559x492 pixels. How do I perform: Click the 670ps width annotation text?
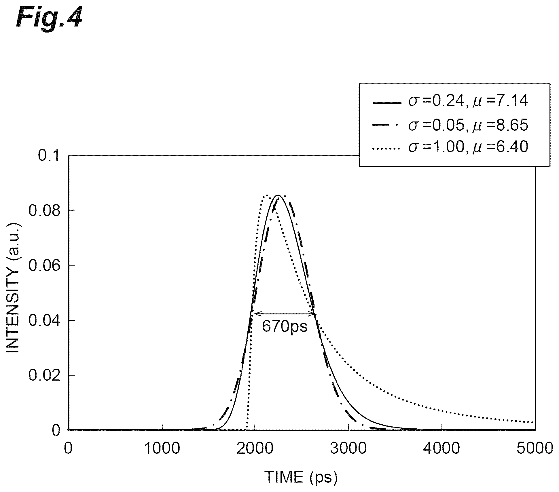coord(285,326)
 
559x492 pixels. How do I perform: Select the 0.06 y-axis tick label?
coord(43,265)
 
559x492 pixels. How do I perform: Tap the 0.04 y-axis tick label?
coord(43,320)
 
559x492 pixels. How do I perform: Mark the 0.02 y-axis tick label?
coord(43,376)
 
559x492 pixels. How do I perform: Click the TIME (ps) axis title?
coord(301,477)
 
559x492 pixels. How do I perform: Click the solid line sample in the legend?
coord(387,103)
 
